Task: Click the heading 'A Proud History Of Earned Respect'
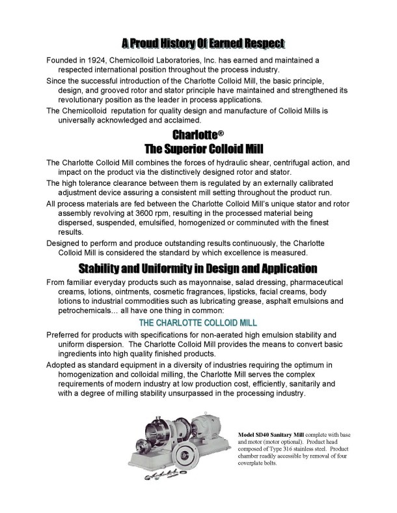(203, 44)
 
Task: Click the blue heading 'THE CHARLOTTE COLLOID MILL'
(198, 323)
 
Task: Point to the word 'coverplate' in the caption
(253, 464)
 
